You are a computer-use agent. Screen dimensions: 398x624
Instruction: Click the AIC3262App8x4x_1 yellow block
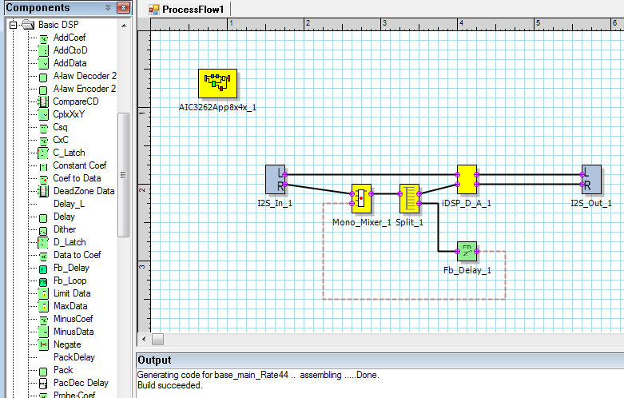click(218, 83)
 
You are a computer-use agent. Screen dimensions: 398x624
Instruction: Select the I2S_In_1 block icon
click(276, 180)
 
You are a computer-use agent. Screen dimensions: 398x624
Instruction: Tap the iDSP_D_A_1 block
click(467, 180)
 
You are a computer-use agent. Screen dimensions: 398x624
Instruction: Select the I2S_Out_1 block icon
click(591, 180)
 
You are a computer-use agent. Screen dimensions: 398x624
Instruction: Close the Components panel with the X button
click(122, 8)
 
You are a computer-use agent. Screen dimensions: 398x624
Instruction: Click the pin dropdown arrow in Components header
click(108, 8)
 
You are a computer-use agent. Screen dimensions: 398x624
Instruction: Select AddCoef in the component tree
click(70, 38)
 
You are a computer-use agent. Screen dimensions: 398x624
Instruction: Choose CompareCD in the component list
click(76, 101)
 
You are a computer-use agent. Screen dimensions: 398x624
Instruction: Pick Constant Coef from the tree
click(79, 165)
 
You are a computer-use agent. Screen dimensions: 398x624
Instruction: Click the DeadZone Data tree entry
click(83, 191)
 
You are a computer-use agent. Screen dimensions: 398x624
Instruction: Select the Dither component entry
click(64, 229)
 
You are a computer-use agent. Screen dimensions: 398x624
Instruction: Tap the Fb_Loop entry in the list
click(70, 281)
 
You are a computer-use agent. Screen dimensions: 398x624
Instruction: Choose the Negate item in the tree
click(66, 344)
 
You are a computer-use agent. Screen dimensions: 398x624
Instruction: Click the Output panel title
click(154, 360)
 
